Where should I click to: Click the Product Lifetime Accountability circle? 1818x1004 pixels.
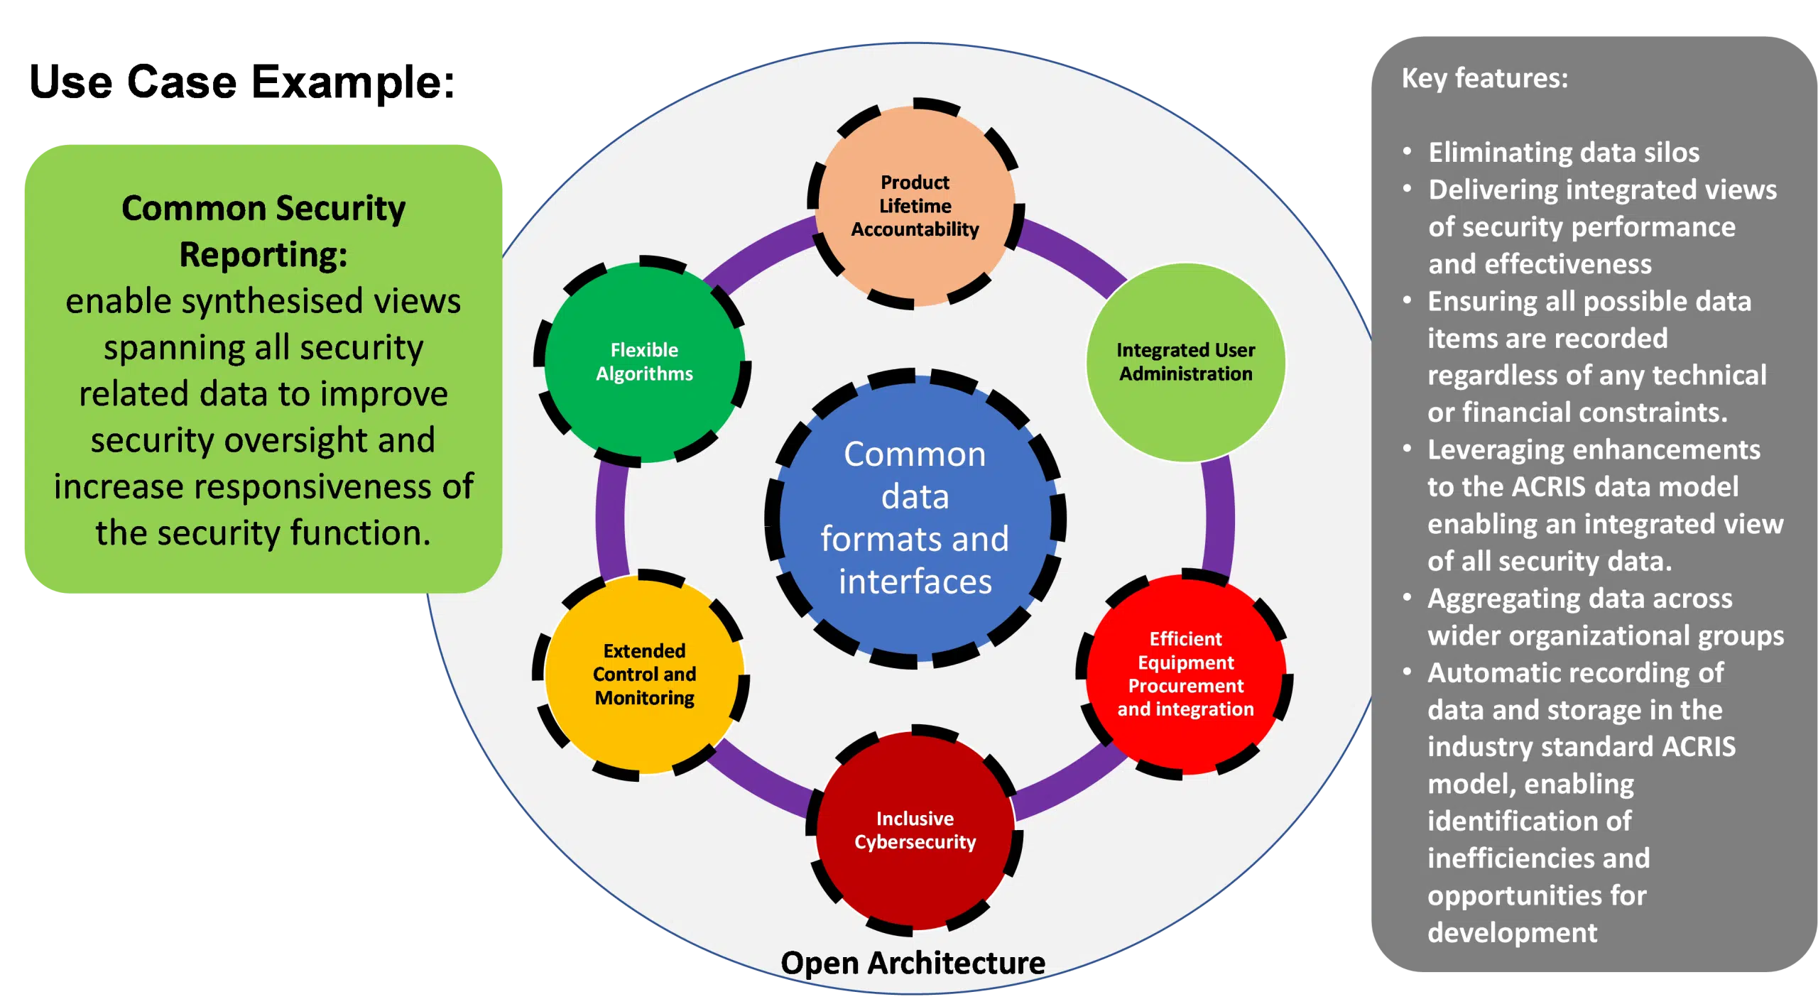[915, 205]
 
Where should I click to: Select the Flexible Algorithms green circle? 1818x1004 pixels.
[644, 361]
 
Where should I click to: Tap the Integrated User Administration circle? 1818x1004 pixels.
[1185, 361]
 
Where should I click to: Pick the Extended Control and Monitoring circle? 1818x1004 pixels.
[644, 674]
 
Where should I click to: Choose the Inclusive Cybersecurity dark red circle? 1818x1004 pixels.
[915, 830]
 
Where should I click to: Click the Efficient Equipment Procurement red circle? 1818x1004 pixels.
[1185, 674]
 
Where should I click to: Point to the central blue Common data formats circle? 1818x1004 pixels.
[915, 518]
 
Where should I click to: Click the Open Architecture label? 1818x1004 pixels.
[913, 963]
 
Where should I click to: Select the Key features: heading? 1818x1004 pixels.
[1484, 78]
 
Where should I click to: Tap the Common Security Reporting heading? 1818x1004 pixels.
[263, 231]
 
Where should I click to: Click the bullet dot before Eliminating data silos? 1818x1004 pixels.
[1408, 152]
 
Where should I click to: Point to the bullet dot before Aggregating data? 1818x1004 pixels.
[1408, 598]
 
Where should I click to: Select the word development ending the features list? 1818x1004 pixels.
[1512, 932]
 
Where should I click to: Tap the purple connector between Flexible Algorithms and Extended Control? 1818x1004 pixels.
[611, 518]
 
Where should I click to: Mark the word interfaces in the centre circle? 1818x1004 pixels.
[915, 582]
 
